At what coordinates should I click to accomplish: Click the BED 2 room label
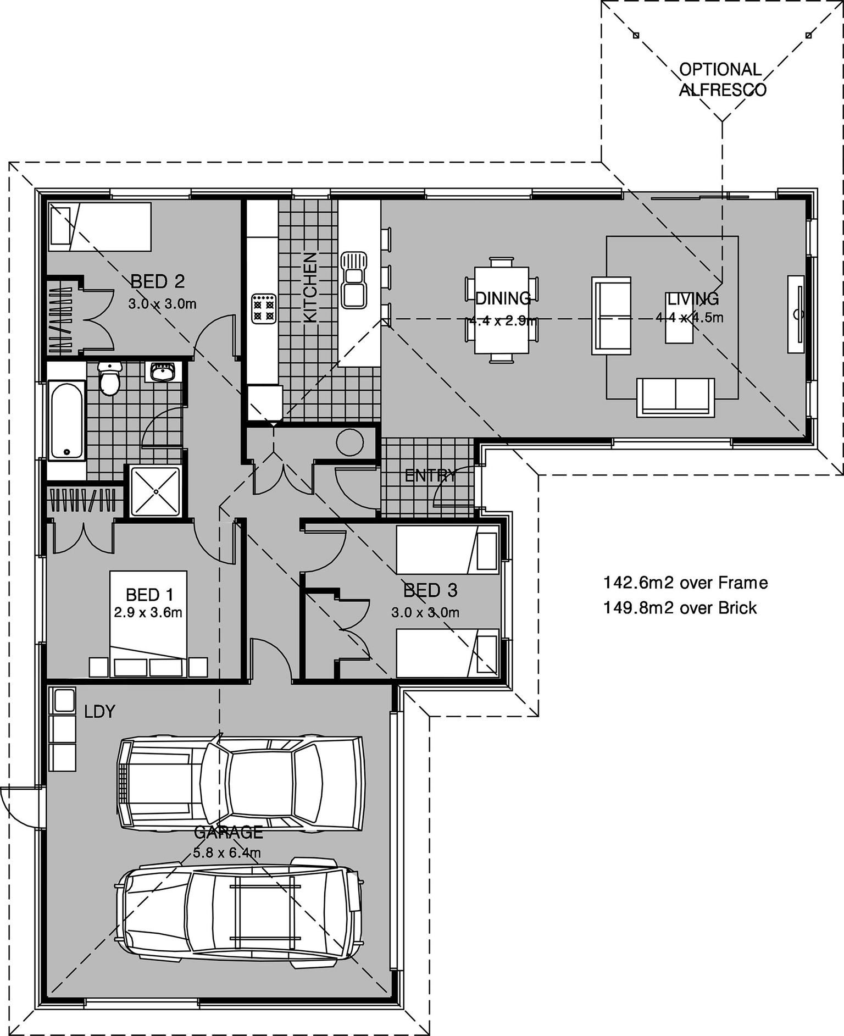pos(157,282)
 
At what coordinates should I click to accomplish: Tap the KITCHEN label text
pos(310,287)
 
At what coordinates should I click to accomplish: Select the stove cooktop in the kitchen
pos(263,309)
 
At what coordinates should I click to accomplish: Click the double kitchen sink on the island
pos(353,280)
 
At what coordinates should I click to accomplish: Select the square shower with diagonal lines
pos(155,491)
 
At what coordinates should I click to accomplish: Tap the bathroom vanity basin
pos(162,372)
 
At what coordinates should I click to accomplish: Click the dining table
pos(501,309)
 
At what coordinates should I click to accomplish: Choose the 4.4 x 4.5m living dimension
pos(689,318)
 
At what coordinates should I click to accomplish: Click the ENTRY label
pos(430,476)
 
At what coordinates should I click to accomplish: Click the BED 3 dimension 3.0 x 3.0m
pos(425,612)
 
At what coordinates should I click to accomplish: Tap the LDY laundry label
pos(99,712)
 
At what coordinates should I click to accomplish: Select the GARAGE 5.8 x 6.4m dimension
pos(227,853)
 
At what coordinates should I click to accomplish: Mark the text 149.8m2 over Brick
pos(680,608)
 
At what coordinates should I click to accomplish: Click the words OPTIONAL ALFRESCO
pos(721,80)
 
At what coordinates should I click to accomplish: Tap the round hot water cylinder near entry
pos(349,442)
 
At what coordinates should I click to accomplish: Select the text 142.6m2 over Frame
pos(685,583)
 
